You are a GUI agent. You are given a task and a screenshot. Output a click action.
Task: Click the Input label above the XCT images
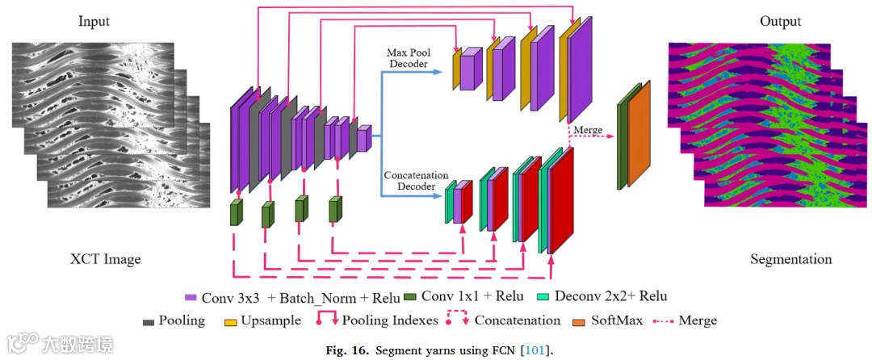(x=94, y=21)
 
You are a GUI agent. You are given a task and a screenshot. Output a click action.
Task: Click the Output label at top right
(x=780, y=21)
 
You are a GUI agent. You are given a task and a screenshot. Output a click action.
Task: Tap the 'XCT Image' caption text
(x=105, y=259)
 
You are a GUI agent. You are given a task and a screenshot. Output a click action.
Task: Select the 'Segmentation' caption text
(x=790, y=259)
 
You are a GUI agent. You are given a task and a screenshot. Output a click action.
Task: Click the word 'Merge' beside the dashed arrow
(x=587, y=130)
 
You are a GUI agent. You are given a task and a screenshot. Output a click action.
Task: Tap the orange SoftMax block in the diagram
(x=639, y=133)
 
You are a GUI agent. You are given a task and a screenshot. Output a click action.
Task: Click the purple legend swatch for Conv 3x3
(x=191, y=296)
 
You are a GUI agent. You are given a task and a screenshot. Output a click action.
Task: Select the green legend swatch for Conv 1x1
(x=409, y=296)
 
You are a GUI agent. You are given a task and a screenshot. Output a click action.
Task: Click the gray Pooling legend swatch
(x=148, y=321)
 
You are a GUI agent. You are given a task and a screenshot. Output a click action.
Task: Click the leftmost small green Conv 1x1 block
(x=236, y=212)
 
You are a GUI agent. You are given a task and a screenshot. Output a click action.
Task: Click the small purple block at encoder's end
(x=364, y=138)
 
